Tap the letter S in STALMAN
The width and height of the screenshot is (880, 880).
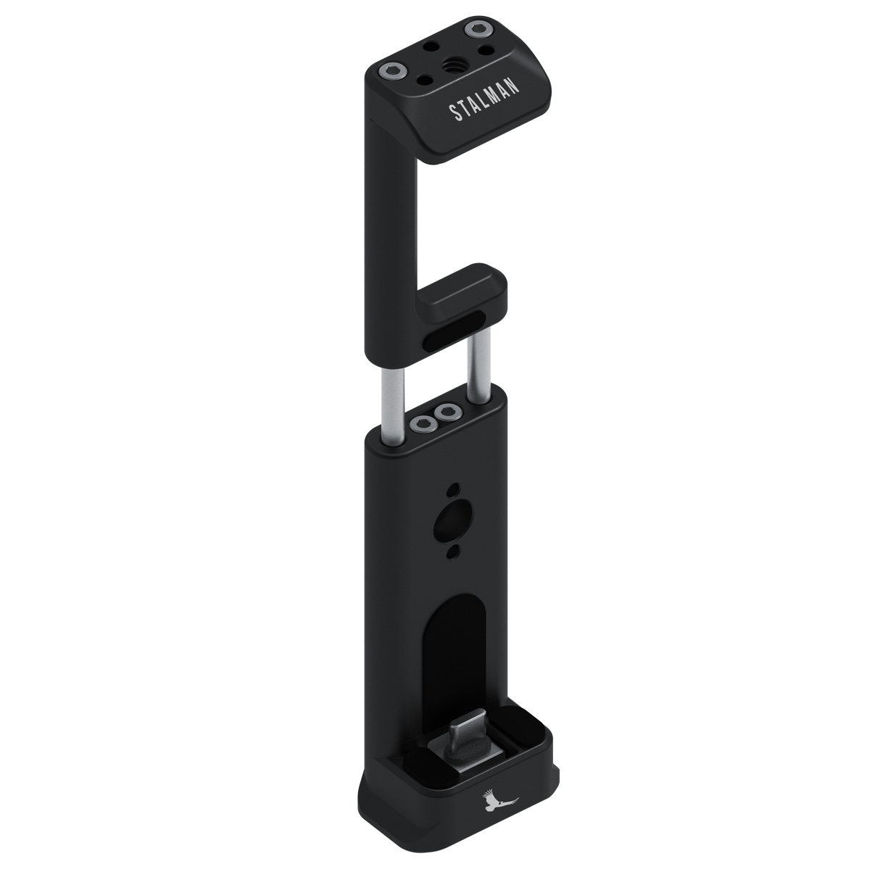click(452, 116)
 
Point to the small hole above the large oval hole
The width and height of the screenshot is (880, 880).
click(453, 489)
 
